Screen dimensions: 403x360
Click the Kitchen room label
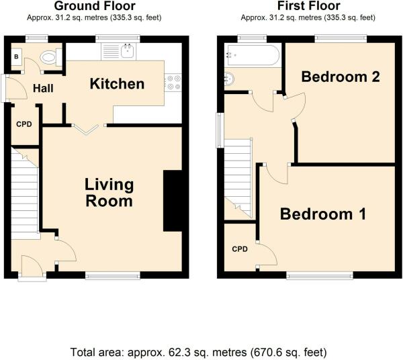[117, 84]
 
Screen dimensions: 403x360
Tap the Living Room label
[109, 193]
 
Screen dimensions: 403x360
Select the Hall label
[43, 89]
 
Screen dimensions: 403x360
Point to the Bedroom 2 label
[341, 77]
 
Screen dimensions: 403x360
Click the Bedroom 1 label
[323, 214]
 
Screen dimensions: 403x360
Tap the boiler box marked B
[16, 56]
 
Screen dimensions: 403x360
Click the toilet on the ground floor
[50, 56]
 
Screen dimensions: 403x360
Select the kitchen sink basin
[128, 51]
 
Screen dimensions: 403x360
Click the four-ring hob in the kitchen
[173, 83]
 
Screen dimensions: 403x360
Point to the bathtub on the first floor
[252, 54]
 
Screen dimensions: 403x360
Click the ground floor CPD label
[24, 124]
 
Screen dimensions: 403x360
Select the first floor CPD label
[240, 249]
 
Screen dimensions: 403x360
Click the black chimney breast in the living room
[173, 200]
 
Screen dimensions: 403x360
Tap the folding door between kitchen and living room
[85, 129]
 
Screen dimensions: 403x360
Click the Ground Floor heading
[95, 6]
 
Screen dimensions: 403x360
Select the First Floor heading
[308, 6]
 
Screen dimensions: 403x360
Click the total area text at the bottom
[198, 353]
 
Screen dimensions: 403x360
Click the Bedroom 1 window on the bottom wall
[320, 276]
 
